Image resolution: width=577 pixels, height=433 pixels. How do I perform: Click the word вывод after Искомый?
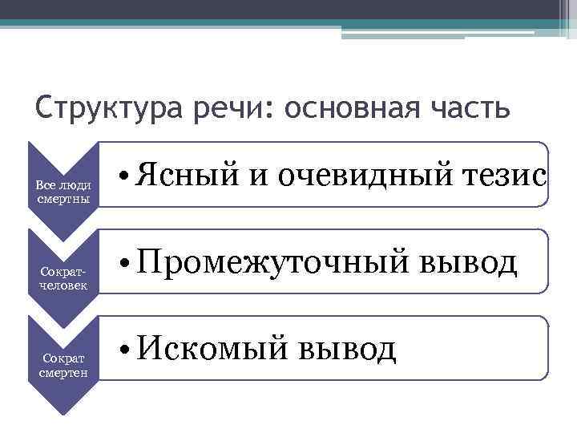(x=346, y=349)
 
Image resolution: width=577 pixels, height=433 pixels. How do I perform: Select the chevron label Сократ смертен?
(x=62, y=366)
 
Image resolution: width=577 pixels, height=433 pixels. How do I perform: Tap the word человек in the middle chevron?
(x=63, y=285)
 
